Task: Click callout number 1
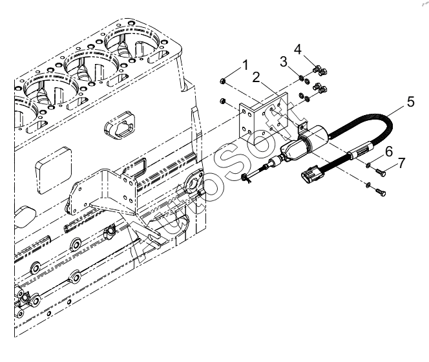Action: [245, 65]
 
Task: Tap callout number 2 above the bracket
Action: [256, 77]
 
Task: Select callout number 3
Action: [284, 61]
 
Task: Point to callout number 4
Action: [298, 50]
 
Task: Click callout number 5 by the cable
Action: [411, 101]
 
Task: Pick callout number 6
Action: [389, 151]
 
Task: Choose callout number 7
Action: [401, 163]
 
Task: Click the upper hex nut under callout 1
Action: [223, 81]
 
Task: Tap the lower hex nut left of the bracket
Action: [223, 101]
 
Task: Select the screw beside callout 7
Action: [379, 172]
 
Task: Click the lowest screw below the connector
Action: [379, 192]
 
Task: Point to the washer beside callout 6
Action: [368, 165]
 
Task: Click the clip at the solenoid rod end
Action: [246, 178]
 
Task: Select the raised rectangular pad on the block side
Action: [54, 170]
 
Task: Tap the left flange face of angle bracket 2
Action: [246, 122]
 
